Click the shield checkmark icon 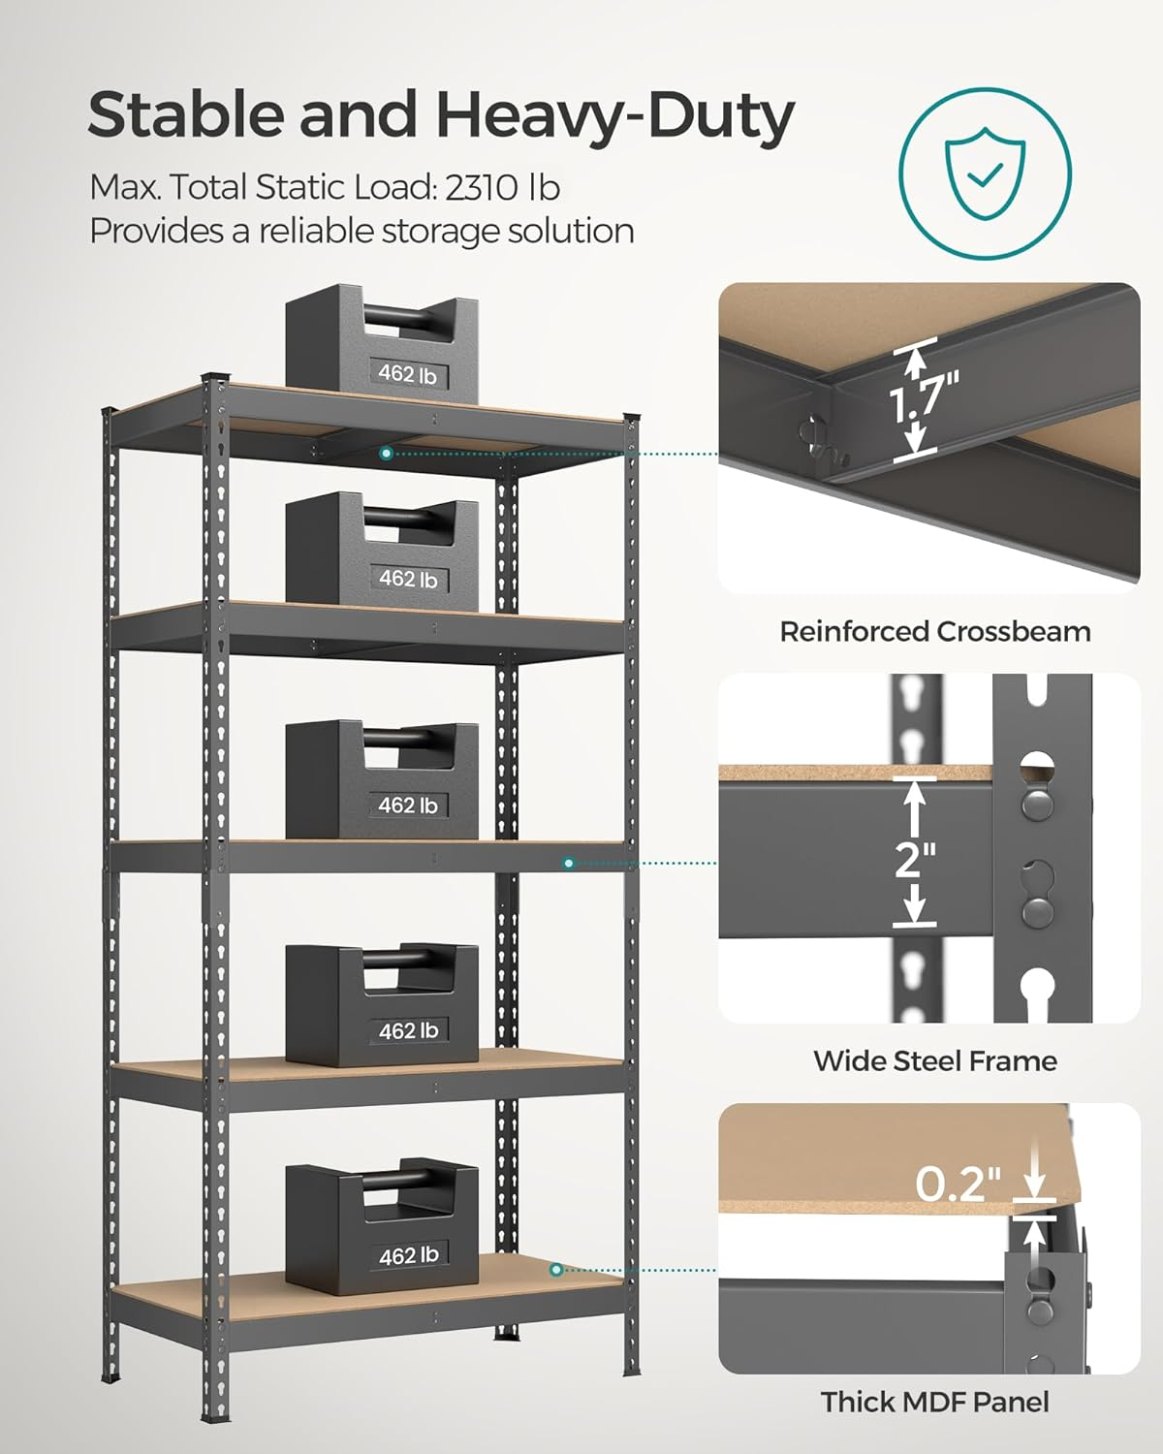click(985, 174)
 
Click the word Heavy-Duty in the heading click(614, 115)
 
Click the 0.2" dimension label click(958, 1184)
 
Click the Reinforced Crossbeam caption click(934, 632)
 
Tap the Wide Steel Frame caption click(934, 1060)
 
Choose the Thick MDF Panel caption click(934, 1402)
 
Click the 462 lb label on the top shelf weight click(407, 373)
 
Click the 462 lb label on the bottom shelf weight click(407, 1255)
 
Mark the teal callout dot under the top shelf click(386, 453)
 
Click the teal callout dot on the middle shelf click(569, 863)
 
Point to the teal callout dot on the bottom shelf click(555, 1269)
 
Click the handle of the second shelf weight click(407, 516)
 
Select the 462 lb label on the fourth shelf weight click(407, 1030)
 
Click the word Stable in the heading click(186, 115)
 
